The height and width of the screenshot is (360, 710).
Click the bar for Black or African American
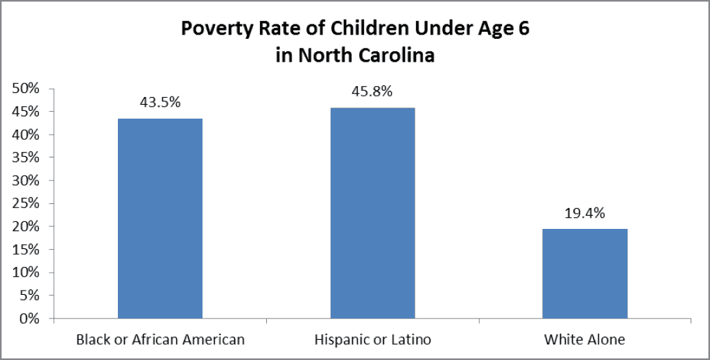tap(160, 218)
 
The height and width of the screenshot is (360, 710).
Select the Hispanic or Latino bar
tap(372, 213)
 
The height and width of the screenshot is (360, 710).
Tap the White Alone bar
tap(585, 273)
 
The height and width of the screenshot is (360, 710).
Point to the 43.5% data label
tap(160, 102)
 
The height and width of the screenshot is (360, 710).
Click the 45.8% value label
tap(372, 92)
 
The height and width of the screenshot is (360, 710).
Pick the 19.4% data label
tap(585, 213)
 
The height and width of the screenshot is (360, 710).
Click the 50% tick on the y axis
tap(26, 89)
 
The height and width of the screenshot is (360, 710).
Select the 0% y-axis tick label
tap(29, 319)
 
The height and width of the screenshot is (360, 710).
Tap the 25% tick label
tap(26, 204)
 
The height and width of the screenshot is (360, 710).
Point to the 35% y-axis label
tap(26, 157)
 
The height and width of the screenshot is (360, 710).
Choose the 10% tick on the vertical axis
tap(26, 273)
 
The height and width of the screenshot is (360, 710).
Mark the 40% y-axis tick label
tap(26, 135)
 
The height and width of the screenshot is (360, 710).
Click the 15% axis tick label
tap(26, 250)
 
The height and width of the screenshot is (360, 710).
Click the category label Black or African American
tap(160, 340)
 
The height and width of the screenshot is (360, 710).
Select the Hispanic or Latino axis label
tap(372, 340)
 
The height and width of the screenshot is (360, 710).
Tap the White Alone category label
tap(585, 340)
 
